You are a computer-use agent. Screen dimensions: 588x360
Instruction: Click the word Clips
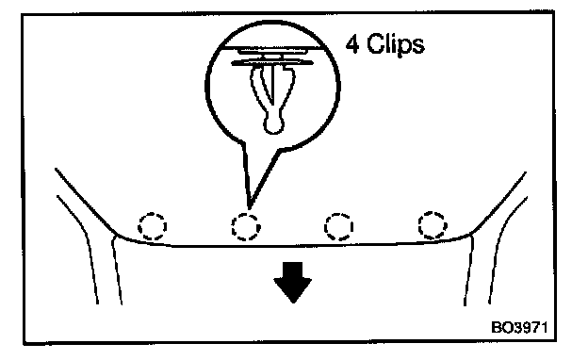[395, 44]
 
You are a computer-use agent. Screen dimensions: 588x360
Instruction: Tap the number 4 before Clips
[352, 44]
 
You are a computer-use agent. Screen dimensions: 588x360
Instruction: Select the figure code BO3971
[519, 327]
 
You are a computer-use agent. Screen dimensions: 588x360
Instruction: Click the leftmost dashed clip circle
[153, 226]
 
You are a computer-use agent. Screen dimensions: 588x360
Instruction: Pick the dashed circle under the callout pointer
[246, 227]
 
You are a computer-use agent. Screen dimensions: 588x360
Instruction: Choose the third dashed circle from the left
[338, 226]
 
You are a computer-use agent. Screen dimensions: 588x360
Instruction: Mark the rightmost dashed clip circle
[433, 225]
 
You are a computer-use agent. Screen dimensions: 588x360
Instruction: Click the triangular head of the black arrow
[293, 290]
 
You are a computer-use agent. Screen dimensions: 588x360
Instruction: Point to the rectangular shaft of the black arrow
[293, 270]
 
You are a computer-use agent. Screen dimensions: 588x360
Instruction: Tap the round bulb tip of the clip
[273, 124]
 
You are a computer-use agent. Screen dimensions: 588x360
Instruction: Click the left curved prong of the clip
[259, 90]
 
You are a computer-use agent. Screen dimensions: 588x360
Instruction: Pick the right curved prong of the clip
[286, 90]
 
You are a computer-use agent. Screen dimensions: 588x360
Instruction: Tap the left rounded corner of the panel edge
[114, 234]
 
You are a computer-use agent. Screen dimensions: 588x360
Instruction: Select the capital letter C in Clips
[375, 43]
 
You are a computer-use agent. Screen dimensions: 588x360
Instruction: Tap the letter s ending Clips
[418, 47]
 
